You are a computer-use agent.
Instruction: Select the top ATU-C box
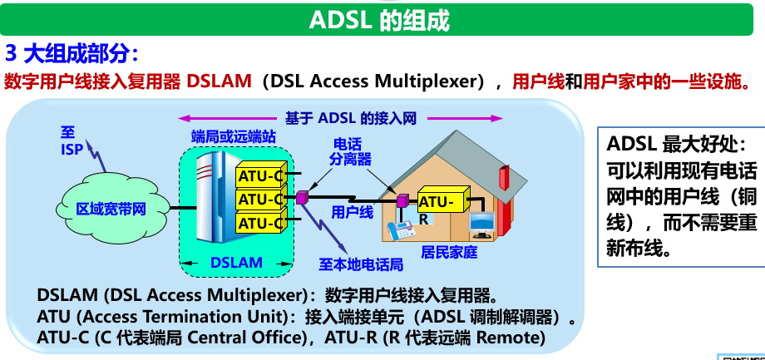[260, 176]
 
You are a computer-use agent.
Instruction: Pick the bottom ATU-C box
[260, 223]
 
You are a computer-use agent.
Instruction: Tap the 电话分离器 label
[348, 150]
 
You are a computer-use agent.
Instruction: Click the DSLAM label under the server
[236, 263]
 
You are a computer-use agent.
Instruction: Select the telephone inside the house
[403, 228]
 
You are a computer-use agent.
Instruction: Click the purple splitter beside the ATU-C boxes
[302, 198]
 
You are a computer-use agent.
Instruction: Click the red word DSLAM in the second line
[219, 81]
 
